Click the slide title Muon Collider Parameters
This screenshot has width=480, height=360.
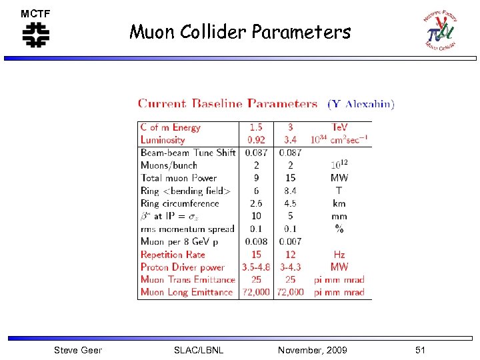click(x=240, y=31)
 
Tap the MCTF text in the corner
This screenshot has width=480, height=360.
click(x=35, y=13)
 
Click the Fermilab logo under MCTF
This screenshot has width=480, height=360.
click(x=35, y=34)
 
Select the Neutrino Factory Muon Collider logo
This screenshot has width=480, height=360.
click(x=440, y=30)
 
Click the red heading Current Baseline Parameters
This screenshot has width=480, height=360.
click(x=227, y=104)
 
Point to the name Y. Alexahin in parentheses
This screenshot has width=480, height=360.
click(x=361, y=104)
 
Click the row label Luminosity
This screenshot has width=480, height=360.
click(x=163, y=140)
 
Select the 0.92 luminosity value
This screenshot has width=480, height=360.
click(x=256, y=140)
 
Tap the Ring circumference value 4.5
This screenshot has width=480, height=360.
click(x=290, y=203)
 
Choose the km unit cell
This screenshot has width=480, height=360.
click(x=339, y=203)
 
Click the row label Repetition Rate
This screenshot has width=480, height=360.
click(x=173, y=255)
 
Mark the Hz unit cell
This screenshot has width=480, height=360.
click(x=339, y=255)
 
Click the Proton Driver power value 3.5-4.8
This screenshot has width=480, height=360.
click(x=256, y=267)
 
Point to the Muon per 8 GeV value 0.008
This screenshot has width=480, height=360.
click(x=256, y=241)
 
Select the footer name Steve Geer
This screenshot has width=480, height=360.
click(x=78, y=350)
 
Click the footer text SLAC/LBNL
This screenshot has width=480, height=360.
click(x=198, y=350)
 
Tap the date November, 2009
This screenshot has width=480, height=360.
click(x=312, y=350)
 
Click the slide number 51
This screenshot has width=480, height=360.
click(x=419, y=350)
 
